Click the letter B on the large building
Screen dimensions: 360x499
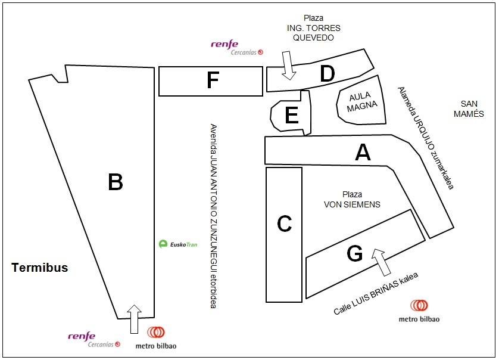pyautogui.click(x=115, y=182)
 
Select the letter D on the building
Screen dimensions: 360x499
pyautogui.click(x=327, y=74)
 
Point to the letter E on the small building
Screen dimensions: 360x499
pyautogui.click(x=291, y=116)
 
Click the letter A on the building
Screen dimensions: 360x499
pyautogui.click(x=363, y=153)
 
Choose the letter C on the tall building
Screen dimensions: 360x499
pyautogui.click(x=284, y=224)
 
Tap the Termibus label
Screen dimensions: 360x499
pyautogui.click(x=40, y=268)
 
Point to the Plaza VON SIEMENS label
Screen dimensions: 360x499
pyautogui.click(x=352, y=200)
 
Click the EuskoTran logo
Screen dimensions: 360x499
pyautogui.click(x=178, y=243)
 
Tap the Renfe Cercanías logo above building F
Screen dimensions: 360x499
pyautogui.click(x=237, y=47)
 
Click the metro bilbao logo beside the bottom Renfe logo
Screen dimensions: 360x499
pyautogui.click(x=156, y=337)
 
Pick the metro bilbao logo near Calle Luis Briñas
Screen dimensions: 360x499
pyautogui.click(x=419, y=310)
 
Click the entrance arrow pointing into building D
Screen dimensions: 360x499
pyautogui.click(x=289, y=65)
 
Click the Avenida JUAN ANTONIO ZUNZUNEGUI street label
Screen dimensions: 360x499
pyautogui.click(x=213, y=216)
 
